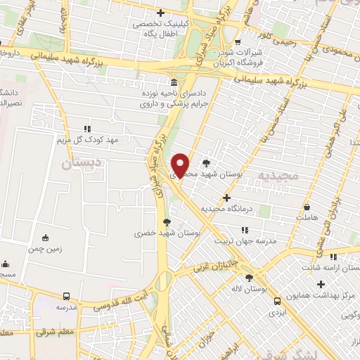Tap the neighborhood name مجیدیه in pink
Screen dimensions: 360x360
(278, 174)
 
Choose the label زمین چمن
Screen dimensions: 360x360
(46, 249)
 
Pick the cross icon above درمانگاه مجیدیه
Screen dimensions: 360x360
(226, 198)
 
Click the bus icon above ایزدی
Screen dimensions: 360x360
(277, 302)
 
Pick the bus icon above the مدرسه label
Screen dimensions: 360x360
(67, 297)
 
